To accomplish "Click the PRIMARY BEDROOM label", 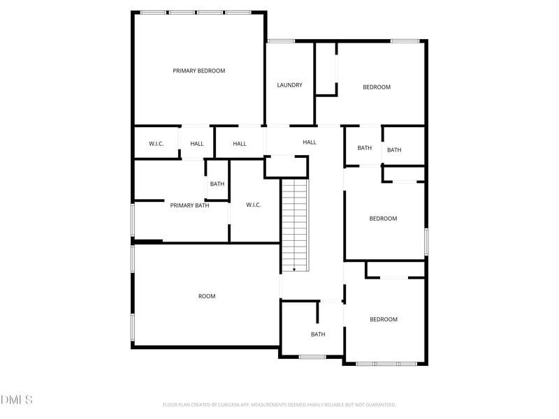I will coord(199,71).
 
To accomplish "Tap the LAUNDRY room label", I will coord(289,85).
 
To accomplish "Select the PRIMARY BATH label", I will coord(189,205).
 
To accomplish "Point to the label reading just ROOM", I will coord(207,296).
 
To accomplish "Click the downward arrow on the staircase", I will coord(294,268).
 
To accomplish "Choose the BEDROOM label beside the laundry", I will coord(376,87).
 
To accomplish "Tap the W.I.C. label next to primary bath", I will coord(253,205).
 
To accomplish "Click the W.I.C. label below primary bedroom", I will coord(156,144).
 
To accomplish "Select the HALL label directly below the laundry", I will coord(310,142).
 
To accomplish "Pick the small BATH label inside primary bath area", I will coord(217,184).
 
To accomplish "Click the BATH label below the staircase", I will coord(318,335).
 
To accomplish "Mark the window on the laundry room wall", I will coord(281,41).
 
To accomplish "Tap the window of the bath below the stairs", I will coord(312,357).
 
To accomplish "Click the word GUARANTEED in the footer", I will coord(377,404).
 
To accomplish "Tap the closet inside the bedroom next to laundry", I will coord(326,68).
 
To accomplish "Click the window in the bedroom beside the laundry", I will coord(405,41).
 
